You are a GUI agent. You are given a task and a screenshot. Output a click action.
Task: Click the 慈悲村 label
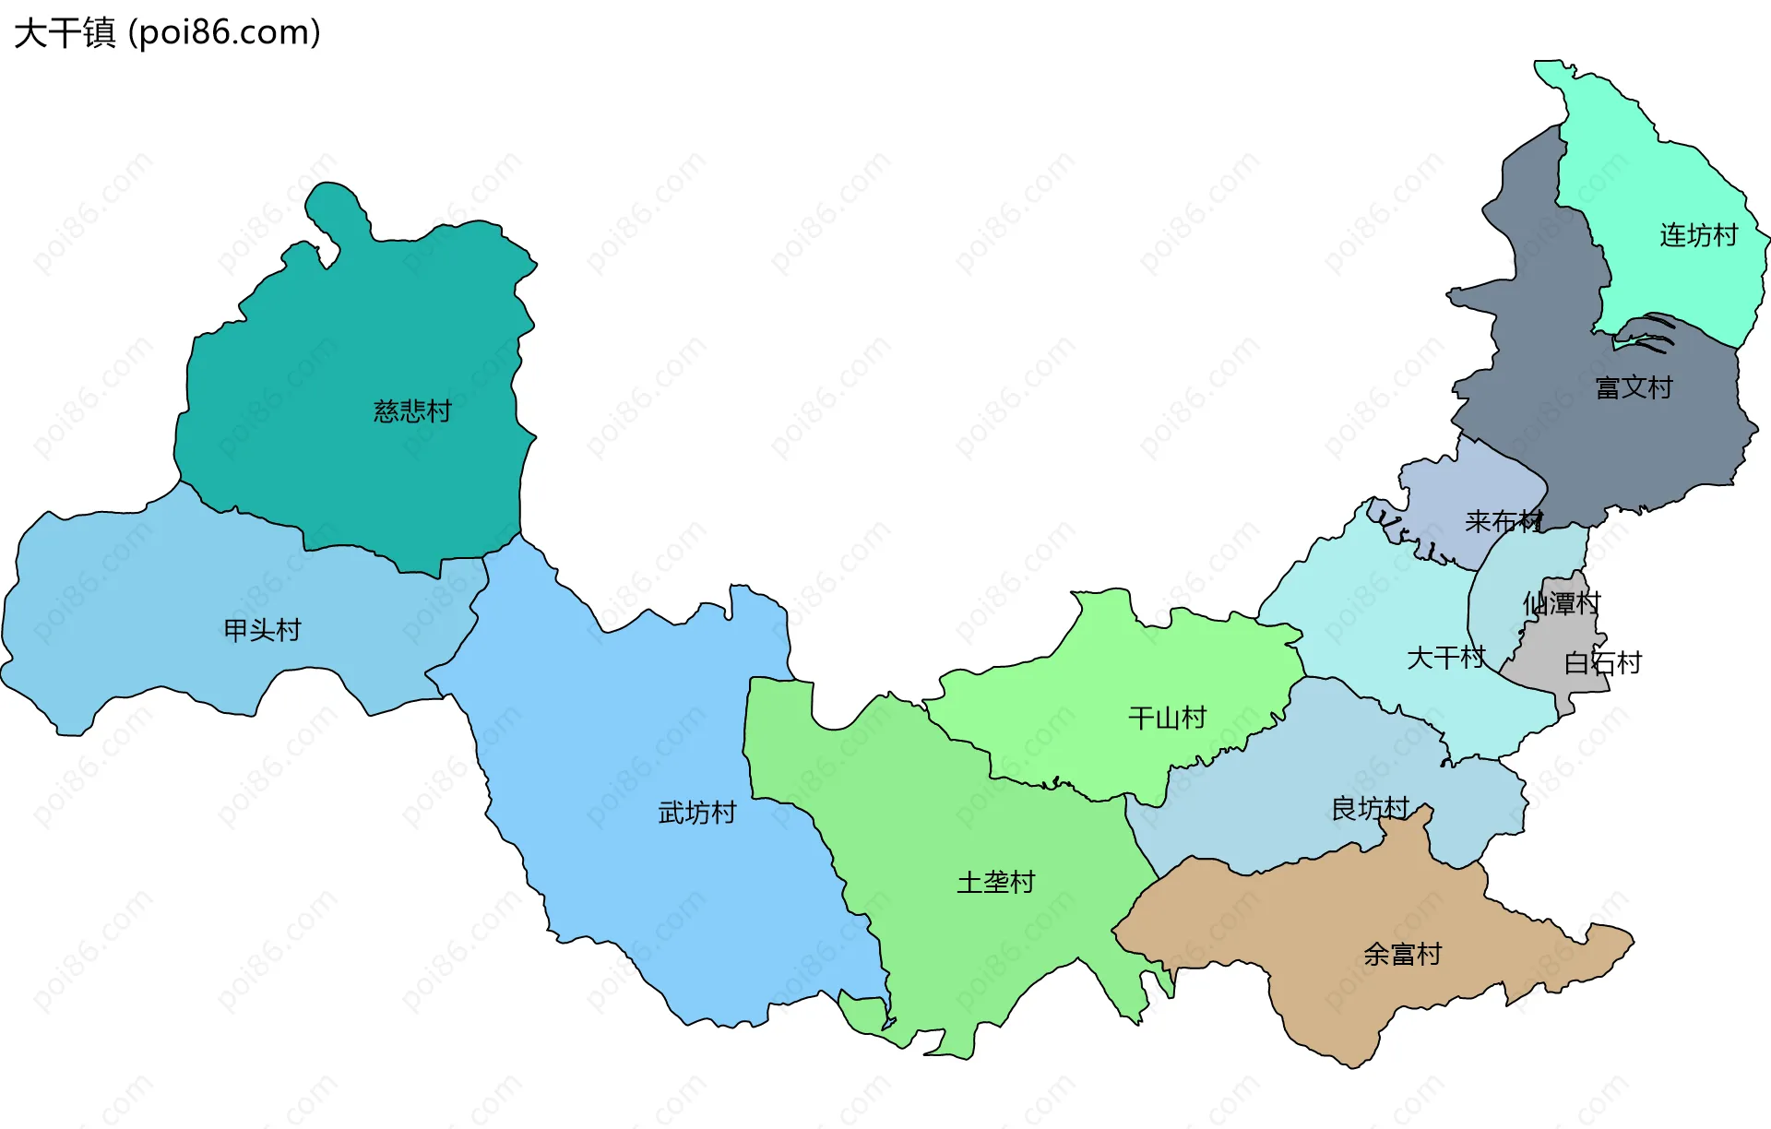point(412,411)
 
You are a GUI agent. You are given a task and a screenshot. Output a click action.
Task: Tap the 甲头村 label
point(263,630)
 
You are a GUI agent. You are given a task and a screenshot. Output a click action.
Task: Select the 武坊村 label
point(697,813)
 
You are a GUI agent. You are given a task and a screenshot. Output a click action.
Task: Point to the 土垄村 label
point(996,883)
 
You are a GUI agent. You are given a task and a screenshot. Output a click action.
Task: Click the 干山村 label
point(1168,718)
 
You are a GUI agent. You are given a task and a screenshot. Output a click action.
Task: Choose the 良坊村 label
point(1371,809)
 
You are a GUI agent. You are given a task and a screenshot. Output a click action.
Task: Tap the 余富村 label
point(1403,954)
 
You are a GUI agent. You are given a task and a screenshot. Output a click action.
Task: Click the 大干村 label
point(1446,658)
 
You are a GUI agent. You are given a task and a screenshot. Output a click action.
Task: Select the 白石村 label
point(1603,662)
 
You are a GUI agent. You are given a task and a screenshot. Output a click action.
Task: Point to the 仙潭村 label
point(1562,603)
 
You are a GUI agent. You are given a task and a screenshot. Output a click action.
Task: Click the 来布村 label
point(1504,522)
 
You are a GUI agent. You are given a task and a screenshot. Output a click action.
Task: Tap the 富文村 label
point(1634,387)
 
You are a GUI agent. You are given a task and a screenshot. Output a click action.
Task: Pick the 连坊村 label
point(1699,235)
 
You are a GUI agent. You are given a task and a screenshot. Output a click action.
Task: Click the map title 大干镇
point(65,33)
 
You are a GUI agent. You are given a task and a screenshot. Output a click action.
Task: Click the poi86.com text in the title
point(225,33)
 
